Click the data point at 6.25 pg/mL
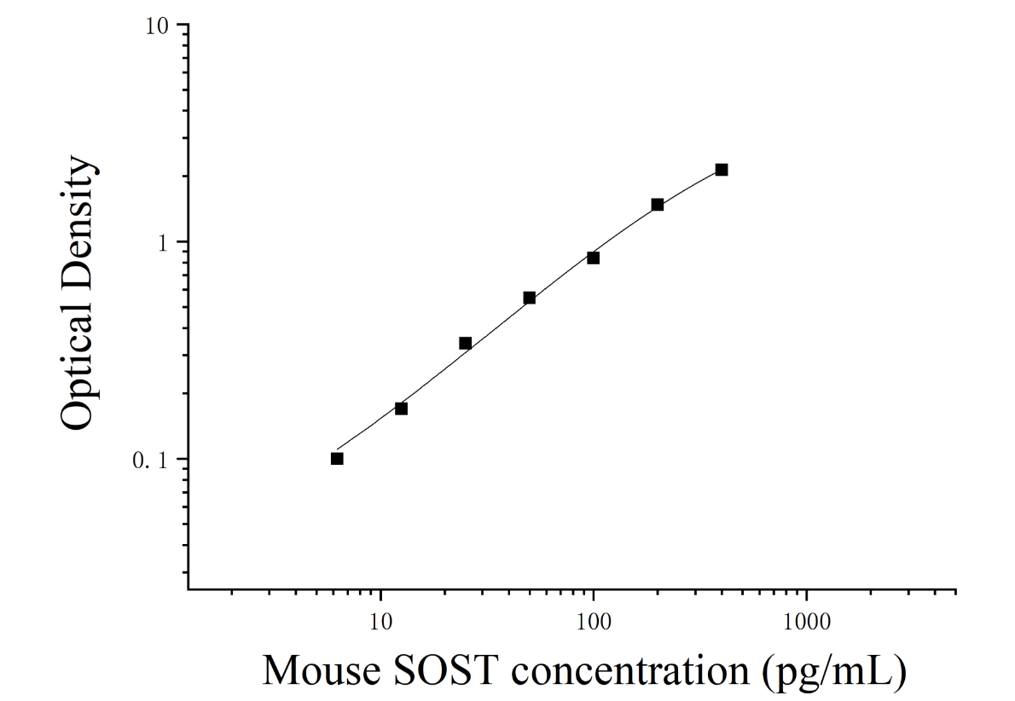(337, 458)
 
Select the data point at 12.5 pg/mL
(401, 408)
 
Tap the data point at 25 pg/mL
(465, 343)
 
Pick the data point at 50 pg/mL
(529, 298)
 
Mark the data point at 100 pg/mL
(593, 258)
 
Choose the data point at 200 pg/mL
(657, 205)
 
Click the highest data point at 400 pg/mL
(721, 170)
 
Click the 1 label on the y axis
(162, 242)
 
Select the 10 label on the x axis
(380, 622)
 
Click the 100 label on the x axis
(593, 622)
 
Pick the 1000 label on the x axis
(806, 622)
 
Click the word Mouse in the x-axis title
(322, 670)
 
